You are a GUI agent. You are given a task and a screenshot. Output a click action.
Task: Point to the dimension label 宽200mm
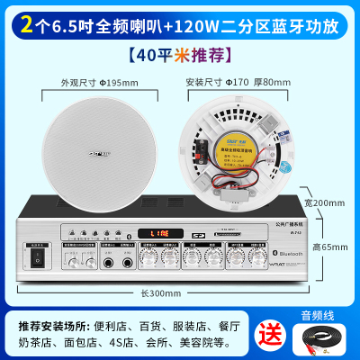tap(324, 203)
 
